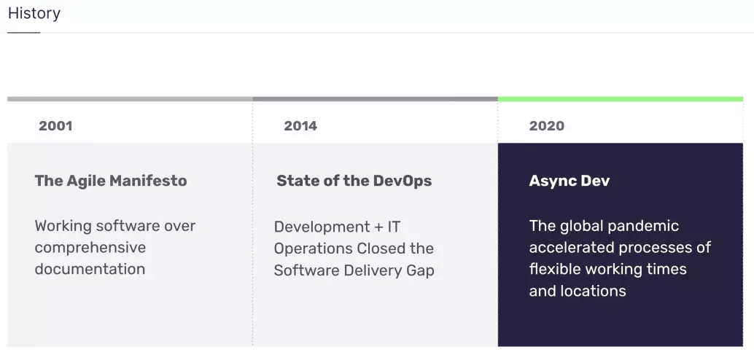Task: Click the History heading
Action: point(34,13)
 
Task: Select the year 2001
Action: point(55,126)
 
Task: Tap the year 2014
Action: point(300,126)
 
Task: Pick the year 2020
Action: point(547,126)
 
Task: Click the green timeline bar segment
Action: point(621,99)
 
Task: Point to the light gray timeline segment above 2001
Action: point(130,99)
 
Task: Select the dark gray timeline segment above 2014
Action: point(375,99)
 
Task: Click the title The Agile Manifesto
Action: point(111,181)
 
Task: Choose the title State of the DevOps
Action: point(354,181)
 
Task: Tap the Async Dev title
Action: point(570,181)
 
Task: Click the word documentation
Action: point(90,269)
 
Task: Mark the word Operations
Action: point(313,249)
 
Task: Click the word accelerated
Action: point(571,248)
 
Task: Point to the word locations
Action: point(599,291)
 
